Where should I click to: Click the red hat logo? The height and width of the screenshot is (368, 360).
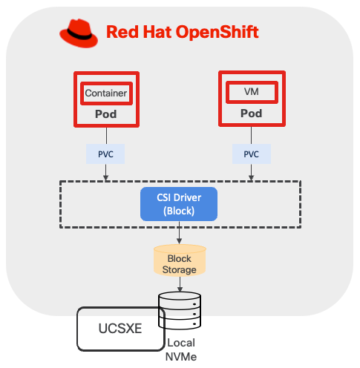click(x=79, y=33)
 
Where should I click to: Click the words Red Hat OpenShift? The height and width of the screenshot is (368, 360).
click(x=182, y=33)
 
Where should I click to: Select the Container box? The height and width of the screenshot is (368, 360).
click(x=106, y=93)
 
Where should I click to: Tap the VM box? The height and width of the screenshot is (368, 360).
click(x=251, y=92)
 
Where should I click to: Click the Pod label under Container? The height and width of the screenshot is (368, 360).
click(x=106, y=115)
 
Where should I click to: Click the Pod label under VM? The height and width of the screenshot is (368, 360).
click(x=251, y=115)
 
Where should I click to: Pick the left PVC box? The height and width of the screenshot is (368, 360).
click(x=106, y=154)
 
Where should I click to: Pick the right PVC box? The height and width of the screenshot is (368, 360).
click(x=251, y=154)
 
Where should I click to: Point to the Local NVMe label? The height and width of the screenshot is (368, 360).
click(x=181, y=350)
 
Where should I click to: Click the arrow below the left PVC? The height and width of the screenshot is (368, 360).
click(x=106, y=173)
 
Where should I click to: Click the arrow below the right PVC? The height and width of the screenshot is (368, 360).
click(x=251, y=173)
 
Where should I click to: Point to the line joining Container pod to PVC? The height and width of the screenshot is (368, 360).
click(x=106, y=135)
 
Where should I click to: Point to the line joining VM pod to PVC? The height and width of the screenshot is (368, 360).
click(x=251, y=135)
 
